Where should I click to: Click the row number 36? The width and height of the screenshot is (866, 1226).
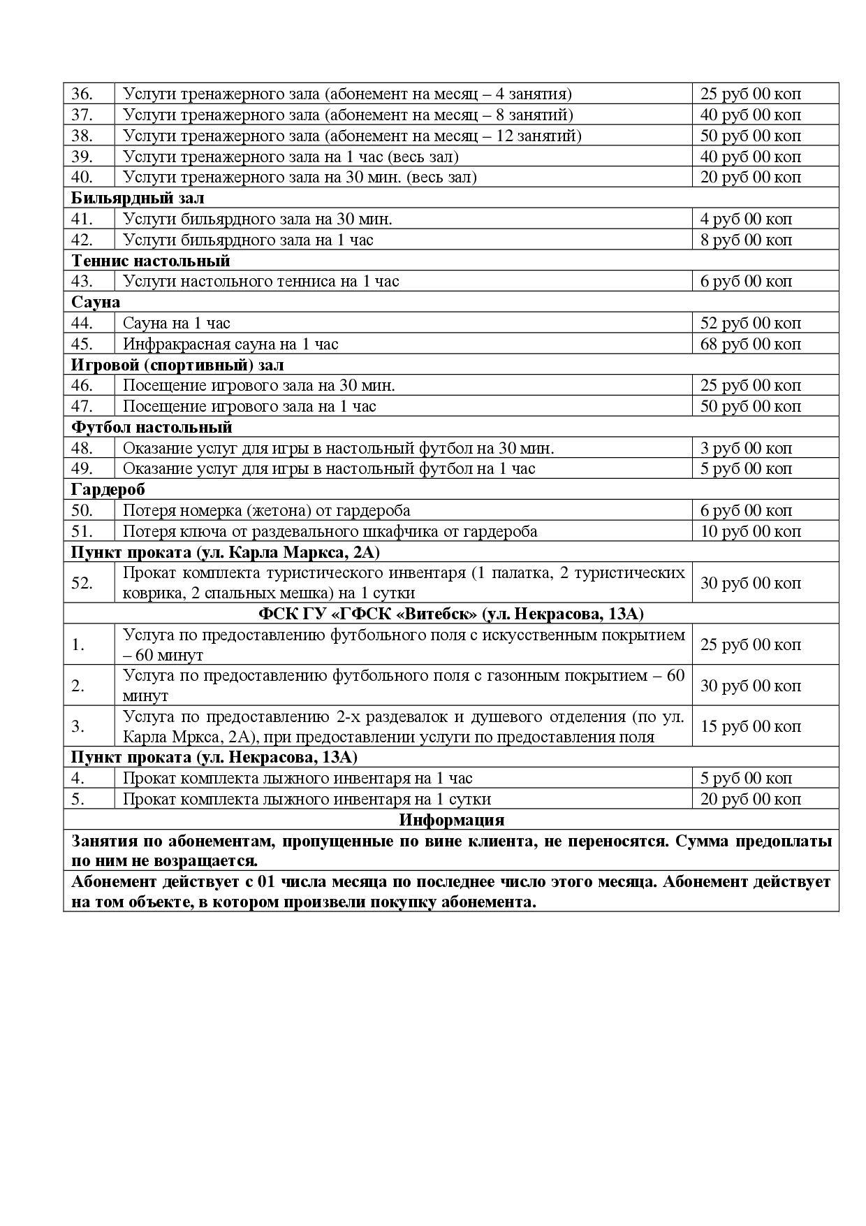point(82,94)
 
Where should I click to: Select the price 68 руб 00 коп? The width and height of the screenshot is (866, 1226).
point(750,344)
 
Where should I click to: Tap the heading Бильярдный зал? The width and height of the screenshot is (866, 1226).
point(138,198)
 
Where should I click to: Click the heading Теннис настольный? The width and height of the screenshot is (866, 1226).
point(151,261)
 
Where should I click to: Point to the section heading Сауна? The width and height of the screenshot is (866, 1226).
point(96,302)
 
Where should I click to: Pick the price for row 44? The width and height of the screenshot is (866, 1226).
point(750,323)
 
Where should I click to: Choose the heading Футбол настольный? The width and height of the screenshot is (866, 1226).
point(152,427)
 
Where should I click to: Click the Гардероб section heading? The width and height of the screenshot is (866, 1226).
point(108,489)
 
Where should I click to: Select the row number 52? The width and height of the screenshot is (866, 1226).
point(82,583)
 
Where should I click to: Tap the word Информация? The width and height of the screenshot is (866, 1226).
point(451,819)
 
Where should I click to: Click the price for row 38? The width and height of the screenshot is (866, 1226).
point(750,136)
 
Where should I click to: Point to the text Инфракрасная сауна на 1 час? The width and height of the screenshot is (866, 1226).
point(230,344)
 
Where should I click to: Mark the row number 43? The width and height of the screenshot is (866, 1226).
point(82,281)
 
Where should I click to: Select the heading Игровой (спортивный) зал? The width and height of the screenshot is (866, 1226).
point(177,365)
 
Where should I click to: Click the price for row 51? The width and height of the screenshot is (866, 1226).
point(750,531)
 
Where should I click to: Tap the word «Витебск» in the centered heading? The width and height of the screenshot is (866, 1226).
point(433,614)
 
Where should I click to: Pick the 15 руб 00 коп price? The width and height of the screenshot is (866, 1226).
point(750,727)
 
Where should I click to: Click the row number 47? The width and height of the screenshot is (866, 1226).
point(82,406)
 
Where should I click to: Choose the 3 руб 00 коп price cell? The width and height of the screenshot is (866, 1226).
point(746,448)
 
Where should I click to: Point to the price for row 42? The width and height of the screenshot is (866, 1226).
point(746,240)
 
